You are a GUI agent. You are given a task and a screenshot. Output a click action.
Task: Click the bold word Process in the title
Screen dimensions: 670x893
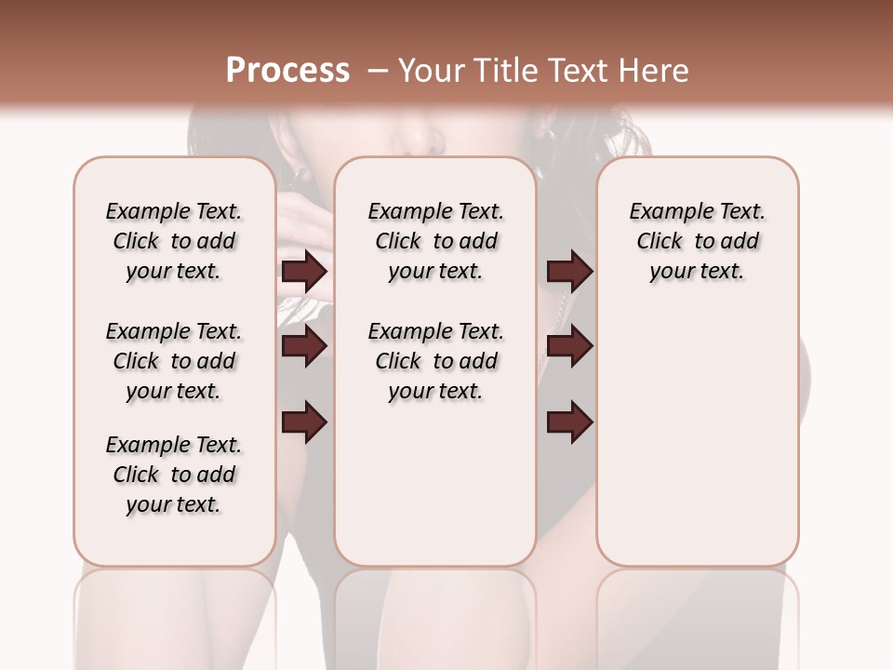point(287,70)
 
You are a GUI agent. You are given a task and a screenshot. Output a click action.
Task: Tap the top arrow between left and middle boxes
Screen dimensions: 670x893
point(304,272)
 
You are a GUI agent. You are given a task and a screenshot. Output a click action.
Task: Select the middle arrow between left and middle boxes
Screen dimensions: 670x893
point(304,346)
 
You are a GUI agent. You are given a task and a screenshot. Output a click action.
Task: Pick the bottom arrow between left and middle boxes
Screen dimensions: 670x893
point(304,422)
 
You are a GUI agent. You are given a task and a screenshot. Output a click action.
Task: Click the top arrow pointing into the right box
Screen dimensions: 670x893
point(569,272)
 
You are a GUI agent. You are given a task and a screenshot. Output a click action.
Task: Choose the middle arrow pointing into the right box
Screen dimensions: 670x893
point(569,346)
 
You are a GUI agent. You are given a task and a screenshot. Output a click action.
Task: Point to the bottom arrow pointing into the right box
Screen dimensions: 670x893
point(569,422)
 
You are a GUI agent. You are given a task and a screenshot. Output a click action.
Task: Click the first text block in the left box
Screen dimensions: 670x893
point(174,241)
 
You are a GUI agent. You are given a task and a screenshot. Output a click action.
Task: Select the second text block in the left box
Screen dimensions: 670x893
point(174,361)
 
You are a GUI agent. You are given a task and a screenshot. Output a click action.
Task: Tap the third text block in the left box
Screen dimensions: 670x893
point(174,475)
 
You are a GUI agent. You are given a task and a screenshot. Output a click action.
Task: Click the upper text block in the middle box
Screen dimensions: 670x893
point(436,241)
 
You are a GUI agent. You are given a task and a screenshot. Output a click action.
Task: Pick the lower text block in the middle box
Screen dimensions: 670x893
point(436,361)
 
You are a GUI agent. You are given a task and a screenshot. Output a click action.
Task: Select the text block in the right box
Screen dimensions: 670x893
point(698,241)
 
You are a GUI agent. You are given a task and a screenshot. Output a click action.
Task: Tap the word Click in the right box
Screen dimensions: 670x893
point(660,242)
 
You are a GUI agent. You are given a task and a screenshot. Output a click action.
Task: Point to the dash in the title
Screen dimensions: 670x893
point(378,70)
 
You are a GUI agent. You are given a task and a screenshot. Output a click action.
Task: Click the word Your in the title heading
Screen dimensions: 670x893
point(432,70)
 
